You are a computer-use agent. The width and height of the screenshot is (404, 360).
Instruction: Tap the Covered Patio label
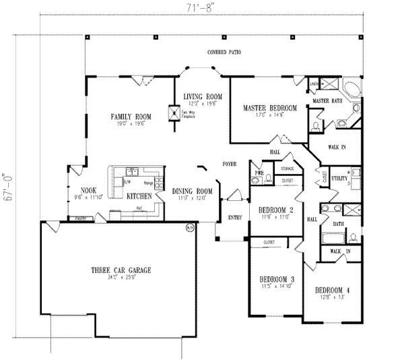click(x=224, y=52)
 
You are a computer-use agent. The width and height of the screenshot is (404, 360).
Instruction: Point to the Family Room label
click(x=128, y=117)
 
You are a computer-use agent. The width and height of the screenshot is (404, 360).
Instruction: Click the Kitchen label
click(x=139, y=196)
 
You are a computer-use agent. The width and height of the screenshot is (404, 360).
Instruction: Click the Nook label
click(x=89, y=190)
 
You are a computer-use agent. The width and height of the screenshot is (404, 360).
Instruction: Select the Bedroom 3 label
click(x=276, y=278)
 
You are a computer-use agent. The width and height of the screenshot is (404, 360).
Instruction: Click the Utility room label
click(x=339, y=179)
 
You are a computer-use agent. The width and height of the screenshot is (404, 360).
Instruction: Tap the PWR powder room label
click(x=259, y=173)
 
